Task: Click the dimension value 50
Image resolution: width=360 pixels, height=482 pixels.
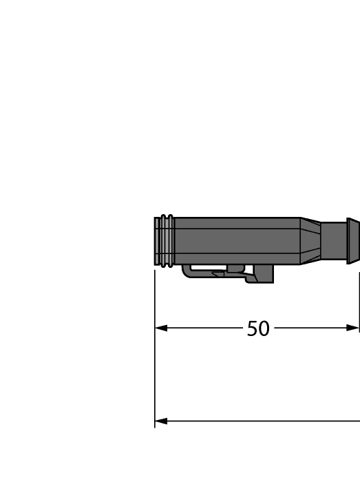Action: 258,329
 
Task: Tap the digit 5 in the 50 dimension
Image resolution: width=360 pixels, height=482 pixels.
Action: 253,329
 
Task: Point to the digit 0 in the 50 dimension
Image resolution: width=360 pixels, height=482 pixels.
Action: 264,329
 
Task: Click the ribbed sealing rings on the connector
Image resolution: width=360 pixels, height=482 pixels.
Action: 165,241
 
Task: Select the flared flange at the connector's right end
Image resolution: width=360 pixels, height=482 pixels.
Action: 353,241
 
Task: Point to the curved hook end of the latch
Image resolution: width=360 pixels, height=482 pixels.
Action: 187,273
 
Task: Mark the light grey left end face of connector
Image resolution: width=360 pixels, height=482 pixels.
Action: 156,241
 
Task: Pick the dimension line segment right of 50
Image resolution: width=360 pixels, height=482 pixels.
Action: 310,328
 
